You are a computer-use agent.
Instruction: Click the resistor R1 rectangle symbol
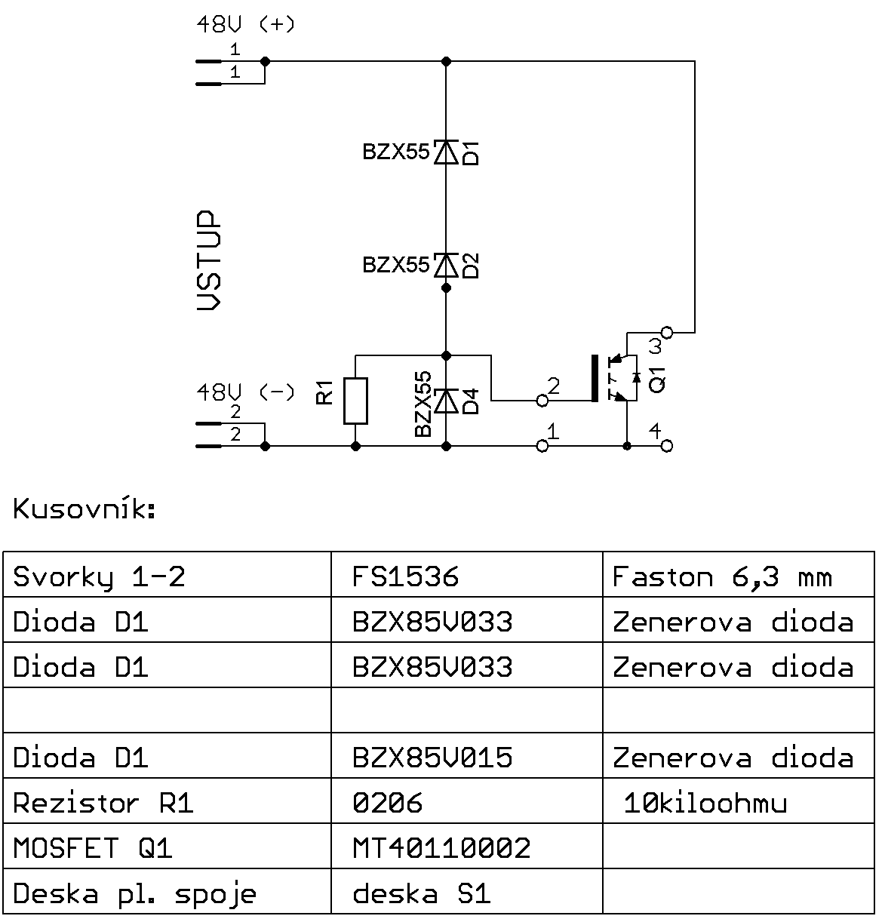coord(355,401)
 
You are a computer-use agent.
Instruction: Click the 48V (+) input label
coord(245,24)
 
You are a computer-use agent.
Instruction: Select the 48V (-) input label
coord(245,392)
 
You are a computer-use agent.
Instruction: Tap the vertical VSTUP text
coord(210,260)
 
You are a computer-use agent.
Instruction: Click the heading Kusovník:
coord(85,509)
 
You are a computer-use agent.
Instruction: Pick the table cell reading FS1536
coord(405,577)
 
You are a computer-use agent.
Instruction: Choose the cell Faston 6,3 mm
coord(721,577)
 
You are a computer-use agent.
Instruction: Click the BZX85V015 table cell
coord(432,758)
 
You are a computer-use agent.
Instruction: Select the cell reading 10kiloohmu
coord(705,803)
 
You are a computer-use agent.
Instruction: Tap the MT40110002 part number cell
coord(441,848)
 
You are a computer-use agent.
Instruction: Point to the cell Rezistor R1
coord(103,803)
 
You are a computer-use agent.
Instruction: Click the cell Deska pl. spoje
coord(134,893)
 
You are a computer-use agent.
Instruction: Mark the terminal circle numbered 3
coord(666,332)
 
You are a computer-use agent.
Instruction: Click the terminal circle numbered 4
coord(666,446)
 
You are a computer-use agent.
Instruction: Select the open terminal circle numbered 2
coord(542,400)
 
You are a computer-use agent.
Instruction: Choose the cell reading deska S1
coord(421,893)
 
